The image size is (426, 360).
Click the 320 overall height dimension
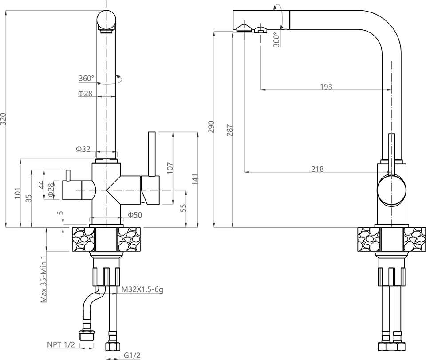click(x=4, y=119)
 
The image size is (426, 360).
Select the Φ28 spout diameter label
click(x=85, y=93)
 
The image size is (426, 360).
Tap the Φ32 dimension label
click(x=83, y=149)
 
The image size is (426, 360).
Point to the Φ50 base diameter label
click(x=134, y=215)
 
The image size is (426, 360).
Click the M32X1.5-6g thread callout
click(x=142, y=290)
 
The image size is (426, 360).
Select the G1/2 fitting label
click(x=132, y=355)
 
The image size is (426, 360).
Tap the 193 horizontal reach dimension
click(x=326, y=87)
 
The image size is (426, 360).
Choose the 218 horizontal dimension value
click(x=317, y=169)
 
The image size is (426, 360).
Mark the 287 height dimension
click(x=229, y=129)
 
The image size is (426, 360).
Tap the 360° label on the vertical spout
click(x=87, y=79)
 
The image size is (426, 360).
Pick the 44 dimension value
click(x=41, y=184)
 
